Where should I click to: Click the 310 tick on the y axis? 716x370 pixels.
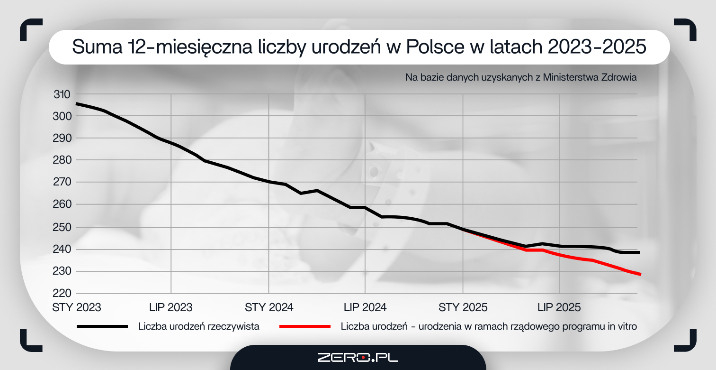point(62,94)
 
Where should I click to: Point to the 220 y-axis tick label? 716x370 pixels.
point(62,294)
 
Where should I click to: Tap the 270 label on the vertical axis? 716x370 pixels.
point(62,182)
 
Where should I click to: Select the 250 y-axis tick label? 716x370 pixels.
point(62,227)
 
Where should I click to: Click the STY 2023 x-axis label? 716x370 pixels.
point(76,307)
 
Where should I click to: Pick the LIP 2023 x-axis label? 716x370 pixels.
point(170,307)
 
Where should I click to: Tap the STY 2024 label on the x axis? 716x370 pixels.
point(269,307)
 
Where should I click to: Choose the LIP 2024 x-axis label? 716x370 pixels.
point(365,307)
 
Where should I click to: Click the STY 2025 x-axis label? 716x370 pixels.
point(463,307)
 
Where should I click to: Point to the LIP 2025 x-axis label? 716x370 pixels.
point(559,307)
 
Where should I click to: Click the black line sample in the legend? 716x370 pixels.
point(102,326)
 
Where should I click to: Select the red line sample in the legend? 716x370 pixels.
point(304,326)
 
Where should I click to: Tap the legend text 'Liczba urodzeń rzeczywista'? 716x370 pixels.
point(199,326)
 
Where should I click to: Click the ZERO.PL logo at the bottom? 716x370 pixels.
point(358,357)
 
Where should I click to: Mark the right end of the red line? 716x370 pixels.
point(640,274)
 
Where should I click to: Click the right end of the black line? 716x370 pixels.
point(639,252)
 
